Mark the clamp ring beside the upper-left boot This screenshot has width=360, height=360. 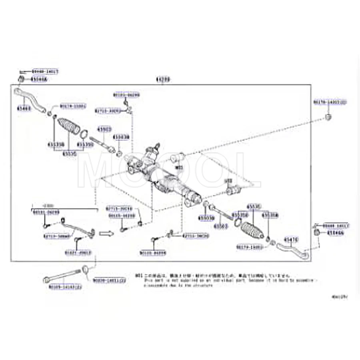pos(84,134)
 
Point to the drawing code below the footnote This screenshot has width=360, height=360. pos(339,297)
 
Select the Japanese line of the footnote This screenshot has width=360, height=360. pos(216,276)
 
